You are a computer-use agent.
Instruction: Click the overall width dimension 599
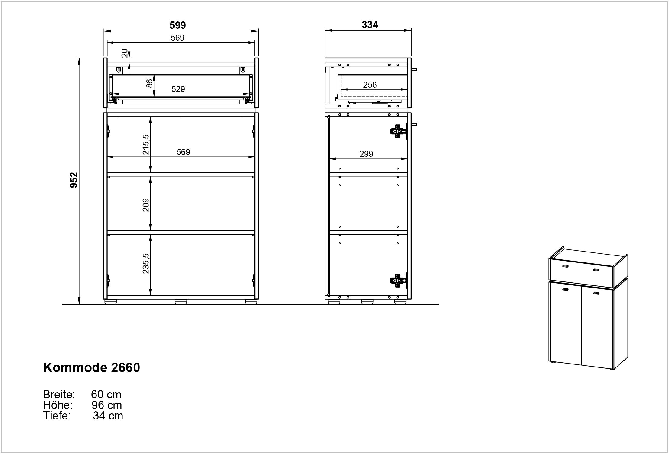tap(178, 25)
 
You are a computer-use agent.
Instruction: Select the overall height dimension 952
tap(74, 180)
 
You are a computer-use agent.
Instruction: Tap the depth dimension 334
tap(370, 25)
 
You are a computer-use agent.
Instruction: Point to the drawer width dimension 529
tap(178, 89)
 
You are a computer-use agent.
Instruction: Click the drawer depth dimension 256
tap(370, 85)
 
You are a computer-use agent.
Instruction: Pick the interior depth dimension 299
tap(366, 154)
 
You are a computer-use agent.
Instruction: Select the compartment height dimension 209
tap(146, 205)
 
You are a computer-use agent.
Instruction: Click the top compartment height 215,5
tap(146, 145)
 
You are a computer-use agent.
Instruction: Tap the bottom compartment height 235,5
tap(146, 263)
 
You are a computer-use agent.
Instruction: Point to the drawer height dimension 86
tap(150, 84)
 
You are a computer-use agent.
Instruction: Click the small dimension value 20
tap(124, 53)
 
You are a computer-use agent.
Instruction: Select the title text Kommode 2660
tap(92, 367)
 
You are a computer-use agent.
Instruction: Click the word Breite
tap(59, 395)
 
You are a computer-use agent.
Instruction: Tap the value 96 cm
tap(107, 405)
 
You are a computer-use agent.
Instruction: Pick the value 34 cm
tap(108, 416)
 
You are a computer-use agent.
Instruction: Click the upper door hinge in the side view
tap(398, 131)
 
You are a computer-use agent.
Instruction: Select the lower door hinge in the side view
tap(398, 281)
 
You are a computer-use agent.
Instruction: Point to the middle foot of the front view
tap(181, 302)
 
